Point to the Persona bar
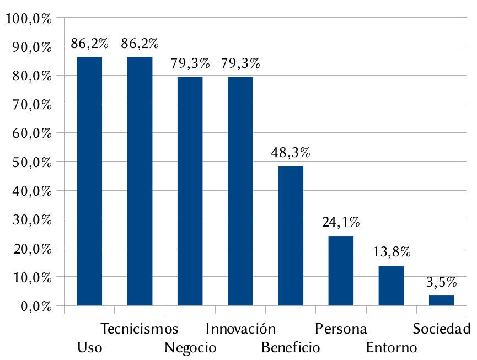[x=341, y=270]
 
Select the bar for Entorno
[x=391, y=285]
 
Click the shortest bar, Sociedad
[x=441, y=300]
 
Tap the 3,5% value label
[x=441, y=283]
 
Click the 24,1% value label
[x=341, y=223]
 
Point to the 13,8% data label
[x=391, y=252]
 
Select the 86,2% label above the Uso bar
[x=89, y=44]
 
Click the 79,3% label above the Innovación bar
[x=240, y=63]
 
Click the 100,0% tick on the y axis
[x=28, y=19]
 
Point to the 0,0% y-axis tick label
[x=34, y=306]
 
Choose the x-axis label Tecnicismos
[x=140, y=329]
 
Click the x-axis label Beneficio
[x=291, y=348]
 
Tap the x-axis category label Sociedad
[x=441, y=329]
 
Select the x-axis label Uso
[x=89, y=348]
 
